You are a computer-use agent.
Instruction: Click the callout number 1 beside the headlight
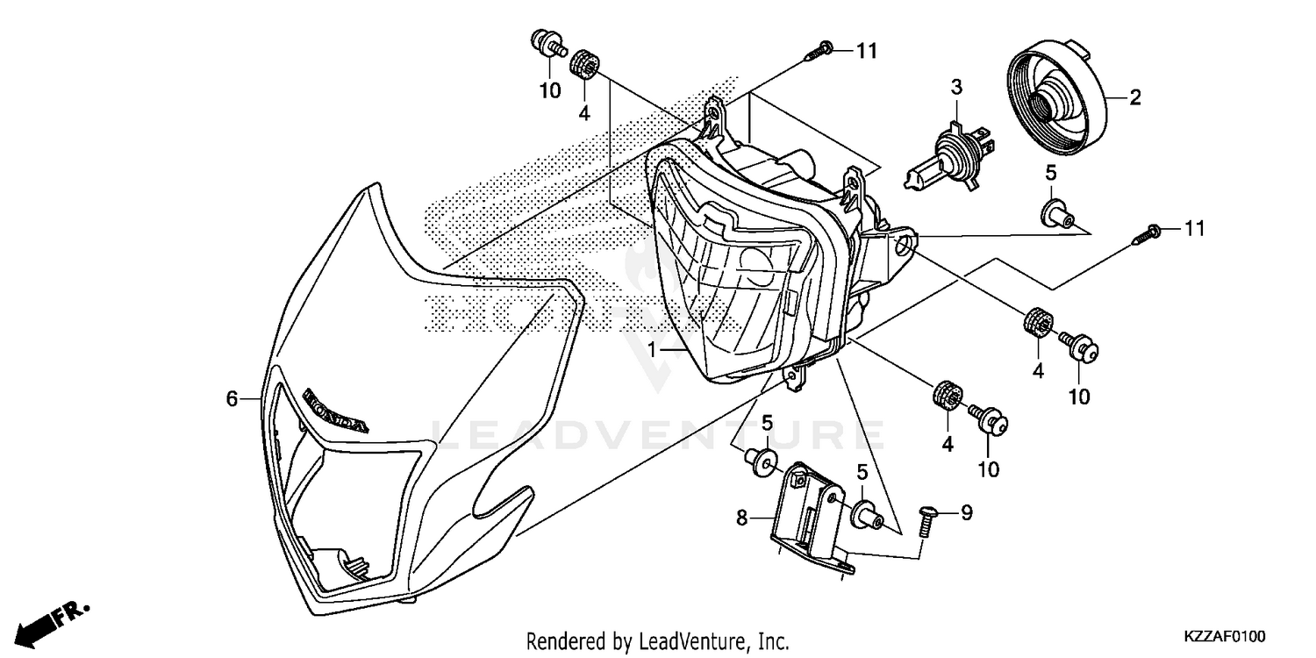[x=652, y=349]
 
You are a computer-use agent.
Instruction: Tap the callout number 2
[x=1134, y=97]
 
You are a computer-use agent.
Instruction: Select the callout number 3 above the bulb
[x=956, y=87]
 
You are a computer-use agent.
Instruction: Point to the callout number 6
[x=232, y=399]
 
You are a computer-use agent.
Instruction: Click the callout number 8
[x=742, y=519]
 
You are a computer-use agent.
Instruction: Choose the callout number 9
[x=966, y=512]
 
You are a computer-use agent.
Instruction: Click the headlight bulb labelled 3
[x=950, y=157]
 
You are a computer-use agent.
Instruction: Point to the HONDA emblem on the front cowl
[x=335, y=411]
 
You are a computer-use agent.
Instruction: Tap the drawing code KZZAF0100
[x=1225, y=633]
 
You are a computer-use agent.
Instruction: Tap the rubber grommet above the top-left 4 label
[x=584, y=65]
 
